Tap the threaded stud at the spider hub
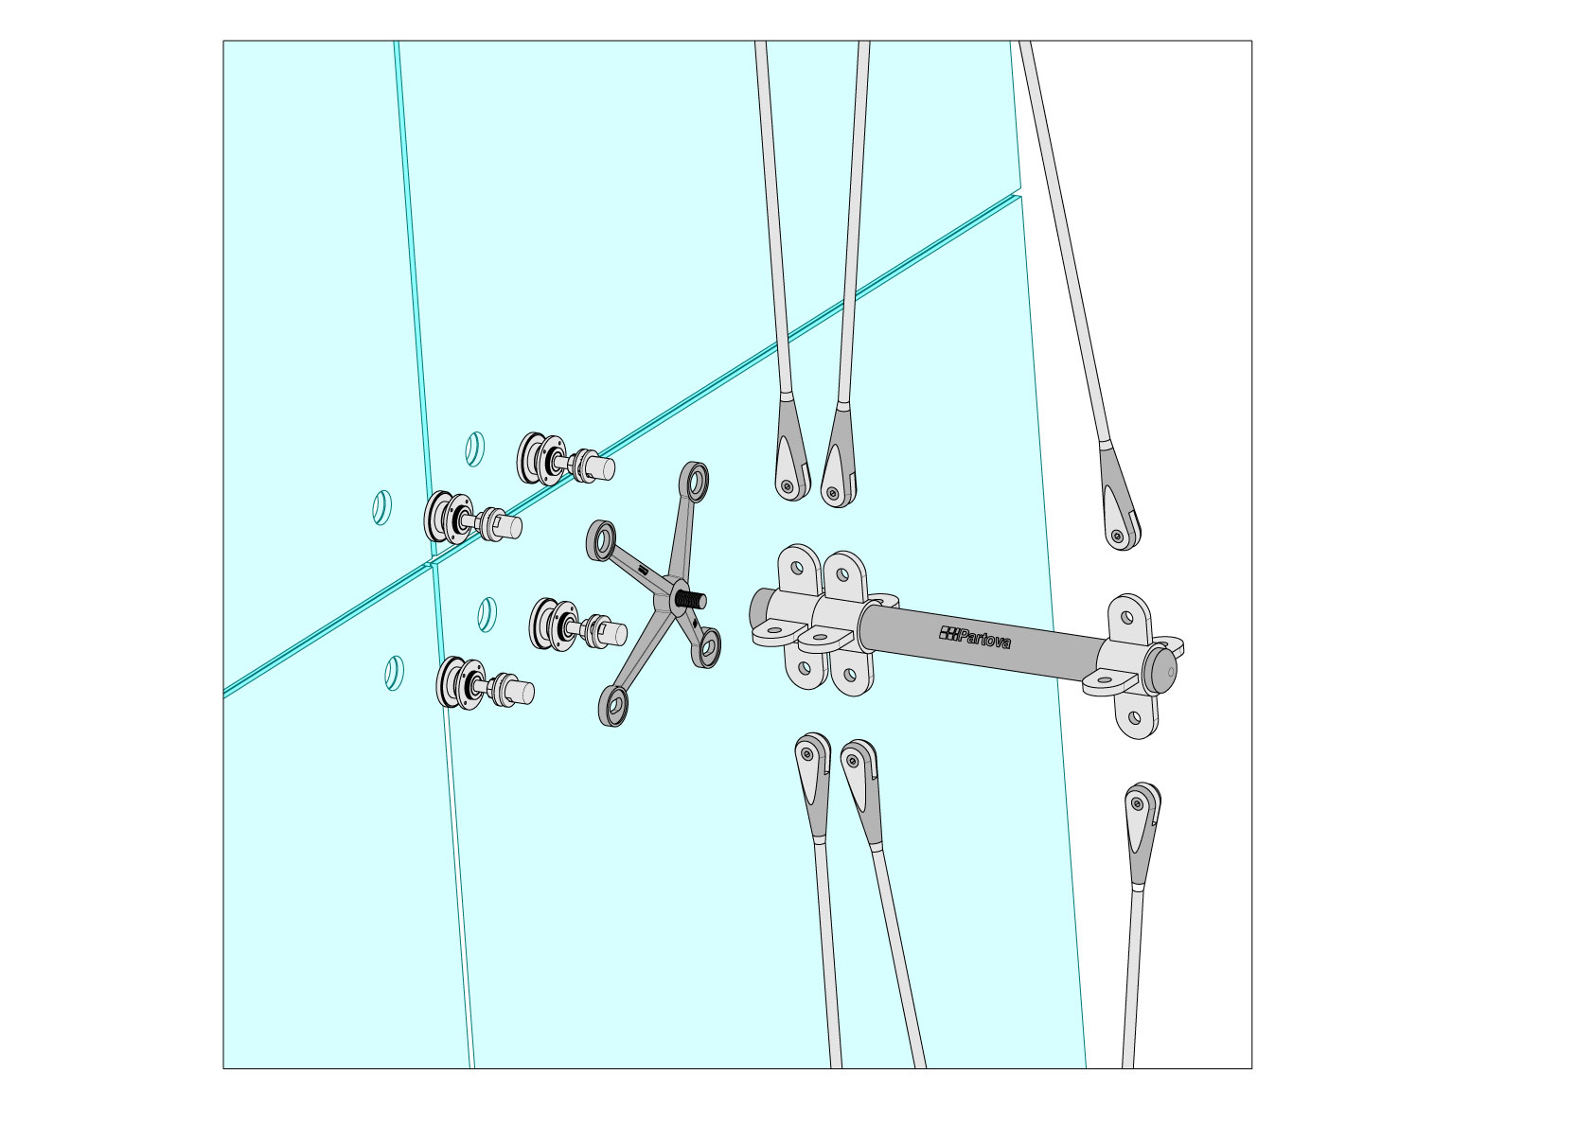(690, 599)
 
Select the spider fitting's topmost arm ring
(694, 481)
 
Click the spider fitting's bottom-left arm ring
(612, 706)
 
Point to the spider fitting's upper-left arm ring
(601, 540)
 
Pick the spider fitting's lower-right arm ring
(707, 647)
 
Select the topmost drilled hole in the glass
(474, 449)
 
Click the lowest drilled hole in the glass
(394, 673)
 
